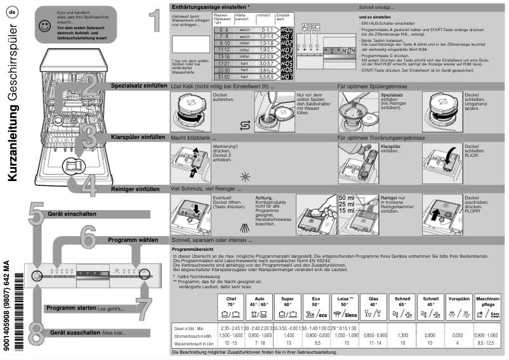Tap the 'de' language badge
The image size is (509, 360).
[x=12, y=11]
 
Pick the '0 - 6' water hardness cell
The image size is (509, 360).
[x=223, y=30]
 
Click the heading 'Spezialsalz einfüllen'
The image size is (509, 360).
[x=138, y=84]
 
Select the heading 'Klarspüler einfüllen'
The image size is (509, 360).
[x=138, y=137]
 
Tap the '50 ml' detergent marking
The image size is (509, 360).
[x=347, y=198]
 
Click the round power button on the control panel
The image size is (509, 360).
[x=34, y=276]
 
